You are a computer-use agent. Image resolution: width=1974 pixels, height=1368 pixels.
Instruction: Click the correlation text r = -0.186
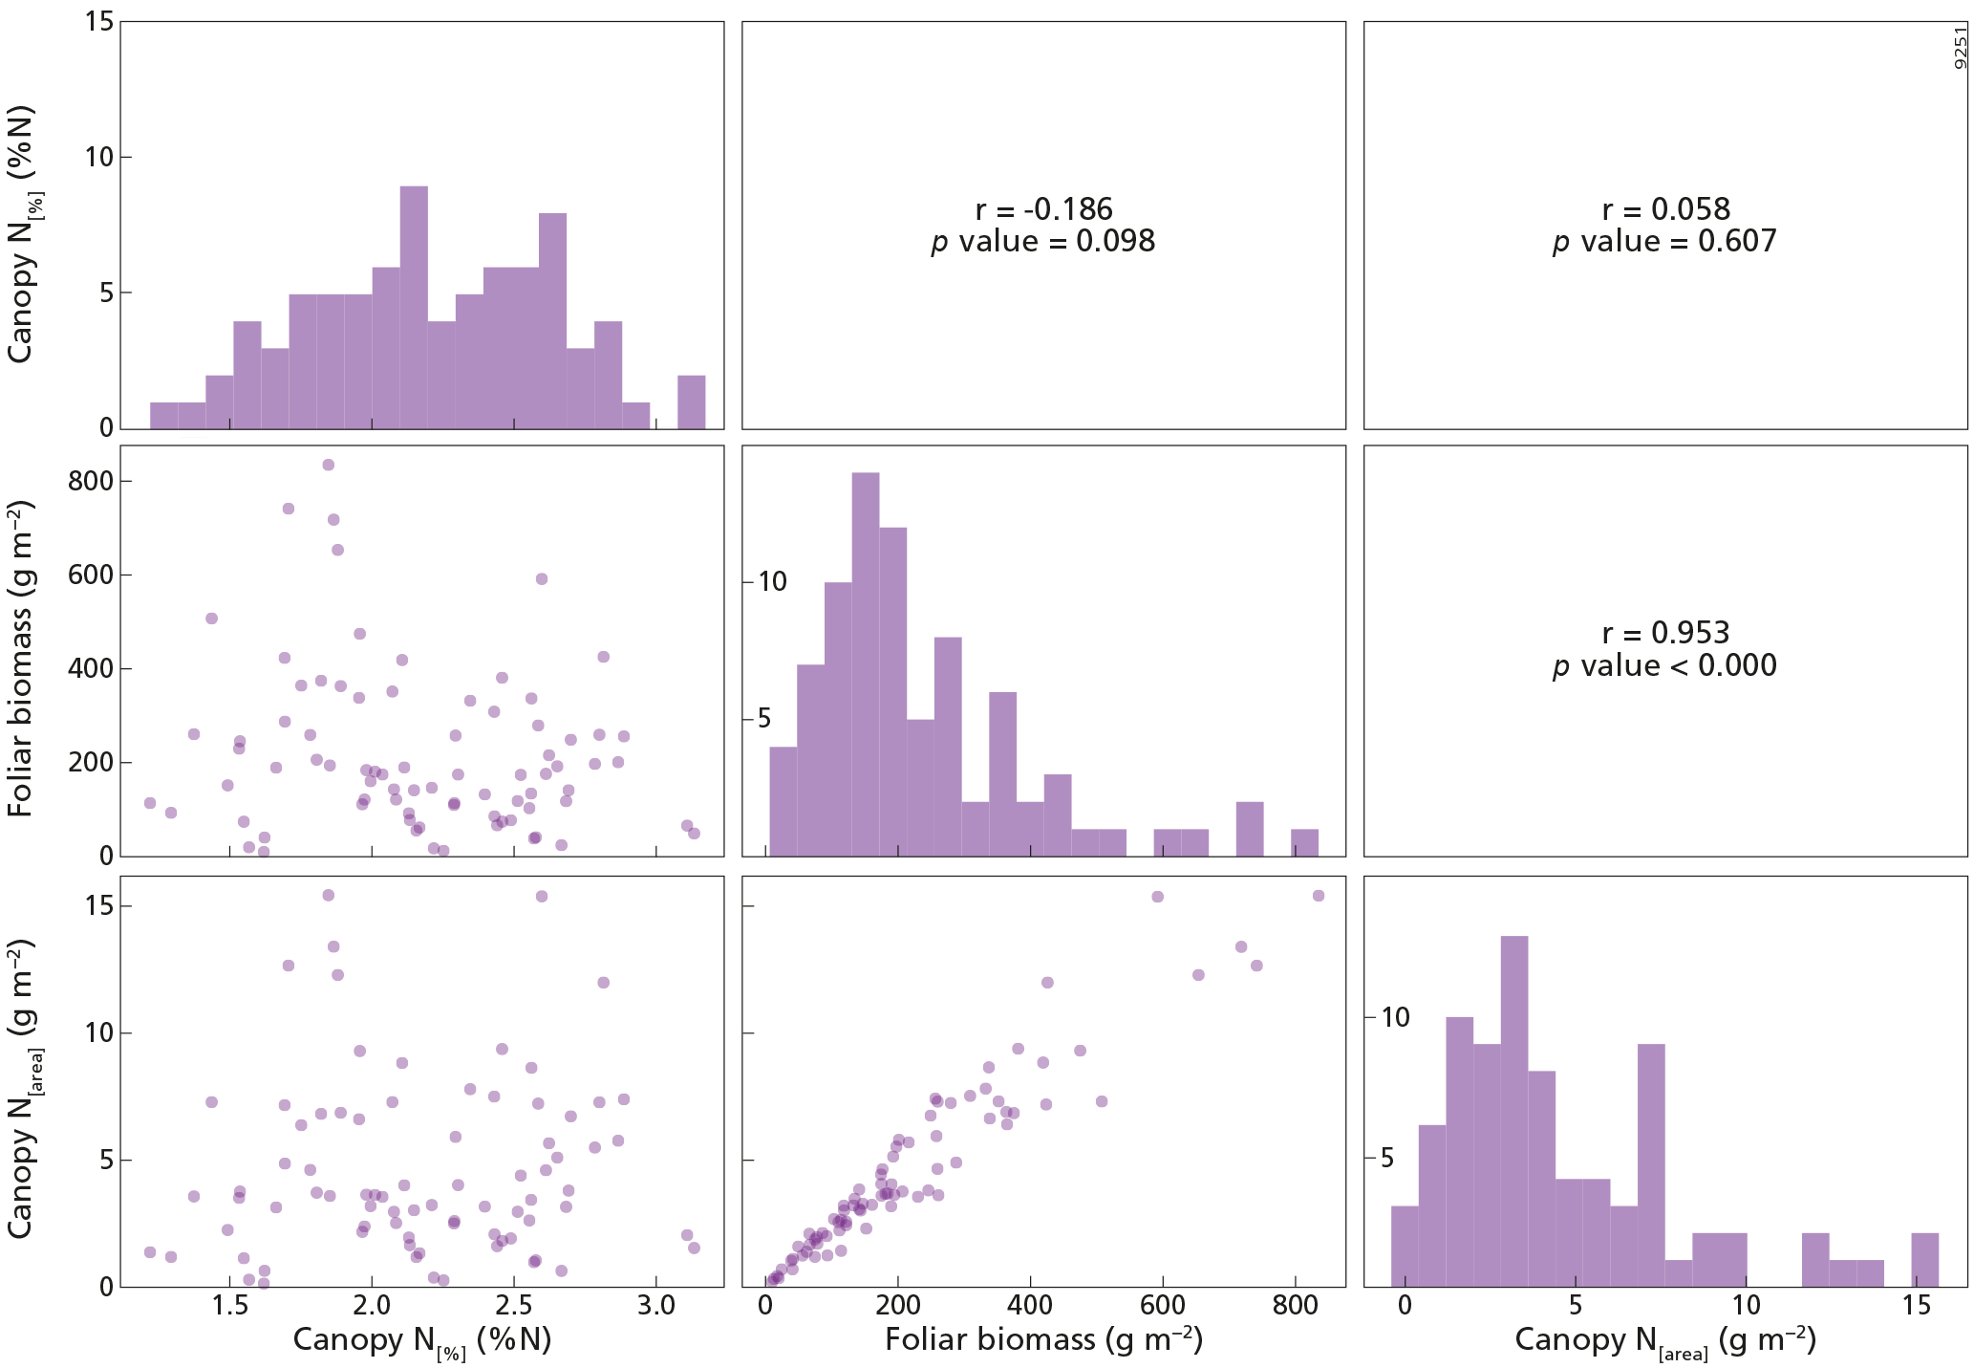tap(1043, 209)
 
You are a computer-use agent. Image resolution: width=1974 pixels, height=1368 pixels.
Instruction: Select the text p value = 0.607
tap(1664, 242)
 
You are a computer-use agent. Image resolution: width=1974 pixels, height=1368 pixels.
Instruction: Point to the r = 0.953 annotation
tap(1665, 633)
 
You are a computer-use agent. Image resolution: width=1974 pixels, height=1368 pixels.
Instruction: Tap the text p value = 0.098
tap(1043, 242)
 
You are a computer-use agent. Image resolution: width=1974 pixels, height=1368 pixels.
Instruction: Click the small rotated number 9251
tap(1960, 48)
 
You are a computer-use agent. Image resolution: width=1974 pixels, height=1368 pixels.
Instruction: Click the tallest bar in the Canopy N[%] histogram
tap(414, 306)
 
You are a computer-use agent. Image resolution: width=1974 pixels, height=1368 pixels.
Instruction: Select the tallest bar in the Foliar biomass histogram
tap(865, 663)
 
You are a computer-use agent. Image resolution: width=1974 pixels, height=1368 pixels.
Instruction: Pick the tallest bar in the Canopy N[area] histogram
tap(1513, 1111)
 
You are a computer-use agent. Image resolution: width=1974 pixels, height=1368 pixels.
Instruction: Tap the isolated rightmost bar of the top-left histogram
tap(692, 402)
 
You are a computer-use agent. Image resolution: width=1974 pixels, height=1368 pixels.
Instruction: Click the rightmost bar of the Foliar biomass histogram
tap(1304, 842)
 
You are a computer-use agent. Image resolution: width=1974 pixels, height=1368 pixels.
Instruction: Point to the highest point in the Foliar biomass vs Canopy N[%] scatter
tap(328, 465)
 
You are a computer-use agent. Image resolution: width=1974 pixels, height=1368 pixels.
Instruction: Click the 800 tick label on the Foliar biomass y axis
tap(91, 481)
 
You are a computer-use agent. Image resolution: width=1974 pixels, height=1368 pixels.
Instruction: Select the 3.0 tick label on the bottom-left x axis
tap(655, 1306)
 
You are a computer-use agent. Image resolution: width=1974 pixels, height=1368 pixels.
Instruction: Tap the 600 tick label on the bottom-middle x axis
tap(1163, 1306)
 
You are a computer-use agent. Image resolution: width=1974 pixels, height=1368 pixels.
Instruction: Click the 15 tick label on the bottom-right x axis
tap(1917, 1306)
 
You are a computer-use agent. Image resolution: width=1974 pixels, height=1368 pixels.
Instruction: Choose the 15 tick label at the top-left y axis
tap(98, 21)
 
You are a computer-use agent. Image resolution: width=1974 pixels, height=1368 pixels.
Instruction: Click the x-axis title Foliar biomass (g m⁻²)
tap(1043, 1340)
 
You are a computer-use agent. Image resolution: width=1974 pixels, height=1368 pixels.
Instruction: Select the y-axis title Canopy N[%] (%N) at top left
tap(23, 234)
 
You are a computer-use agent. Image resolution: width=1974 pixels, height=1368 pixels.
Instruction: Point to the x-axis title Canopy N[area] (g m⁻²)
tap(1664, 1340)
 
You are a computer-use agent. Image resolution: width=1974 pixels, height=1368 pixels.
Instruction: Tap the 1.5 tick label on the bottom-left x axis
tap(229, 1306)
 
